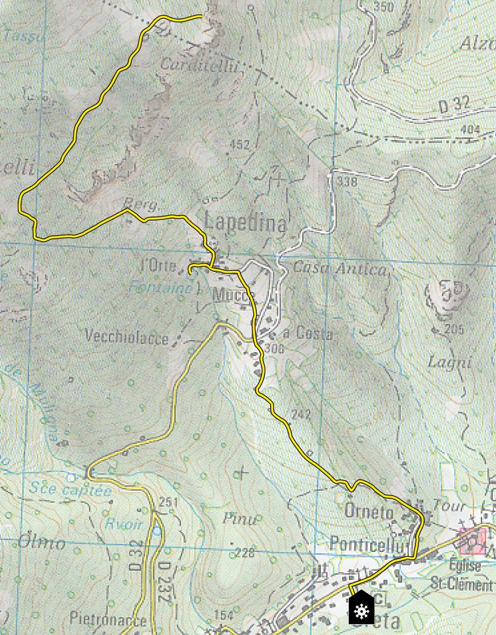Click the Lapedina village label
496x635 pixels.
point(245,222)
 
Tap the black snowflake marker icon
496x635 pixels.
point(362,608)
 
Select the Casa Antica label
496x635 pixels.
point(339,268)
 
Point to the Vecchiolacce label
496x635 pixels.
point(127,337)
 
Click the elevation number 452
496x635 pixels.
point(240,145)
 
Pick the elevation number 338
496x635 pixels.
point(347,181)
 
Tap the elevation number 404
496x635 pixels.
point(470,129)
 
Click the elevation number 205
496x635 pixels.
point(453,330)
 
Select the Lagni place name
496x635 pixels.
point(449,363)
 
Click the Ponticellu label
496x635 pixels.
point(367,544)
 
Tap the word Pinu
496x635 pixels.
point(240,519)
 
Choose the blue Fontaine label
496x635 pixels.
point(160,288)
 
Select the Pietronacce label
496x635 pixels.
point(108,620)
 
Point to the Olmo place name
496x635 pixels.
point(41,542)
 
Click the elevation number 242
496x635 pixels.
point(300,415)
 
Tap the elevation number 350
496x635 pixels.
point(384,7)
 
